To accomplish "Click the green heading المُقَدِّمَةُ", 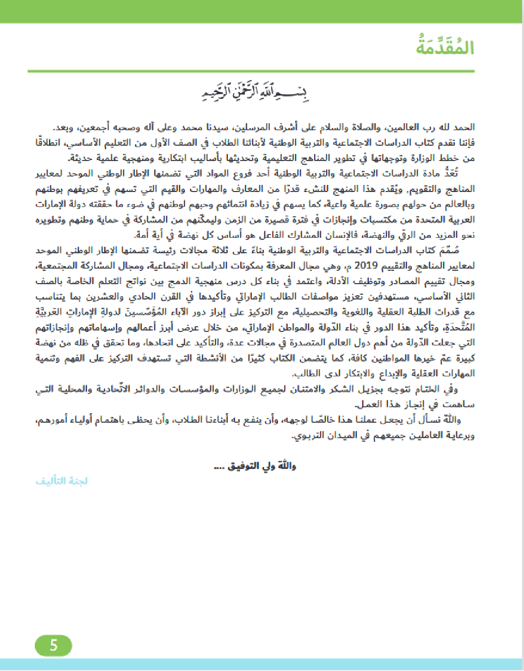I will (445, 48).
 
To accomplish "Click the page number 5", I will (53, 646).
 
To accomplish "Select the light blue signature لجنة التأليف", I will (62, 481).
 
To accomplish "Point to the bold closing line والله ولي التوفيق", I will (255, 466).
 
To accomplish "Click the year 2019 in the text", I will (366, 266).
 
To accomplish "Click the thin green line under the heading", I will (251, 71).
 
